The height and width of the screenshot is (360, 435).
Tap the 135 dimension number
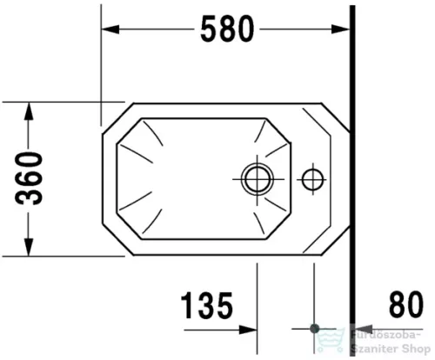[207, 306]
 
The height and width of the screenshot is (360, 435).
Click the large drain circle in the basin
[257, 179]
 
